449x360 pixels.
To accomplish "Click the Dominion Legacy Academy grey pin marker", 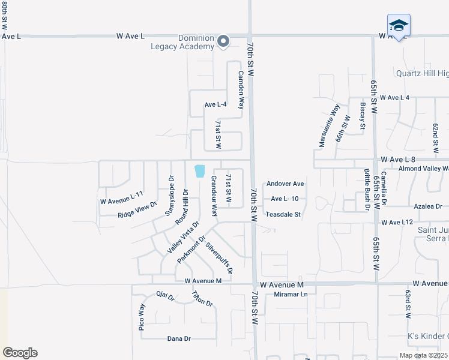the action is (223, 41).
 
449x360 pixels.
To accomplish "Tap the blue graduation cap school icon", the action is (399, 26).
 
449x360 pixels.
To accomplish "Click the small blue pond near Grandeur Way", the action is (199, 171).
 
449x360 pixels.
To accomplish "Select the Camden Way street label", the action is (241, 90).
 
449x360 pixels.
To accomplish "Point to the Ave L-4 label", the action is (215, 104).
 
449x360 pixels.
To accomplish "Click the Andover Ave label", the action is (285, 184).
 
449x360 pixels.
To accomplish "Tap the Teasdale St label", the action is (283, 214).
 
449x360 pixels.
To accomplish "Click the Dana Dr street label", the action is (178, 339).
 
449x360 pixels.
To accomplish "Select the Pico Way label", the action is (142, 317).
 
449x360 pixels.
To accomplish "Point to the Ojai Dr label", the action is (165, 296).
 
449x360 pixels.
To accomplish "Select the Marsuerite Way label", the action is (329, 126).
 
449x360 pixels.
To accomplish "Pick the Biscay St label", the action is (362, 115).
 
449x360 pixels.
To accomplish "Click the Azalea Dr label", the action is (428, 206).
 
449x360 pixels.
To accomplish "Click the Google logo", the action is (20, 353).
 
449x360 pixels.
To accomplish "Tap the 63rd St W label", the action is (407, 305).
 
